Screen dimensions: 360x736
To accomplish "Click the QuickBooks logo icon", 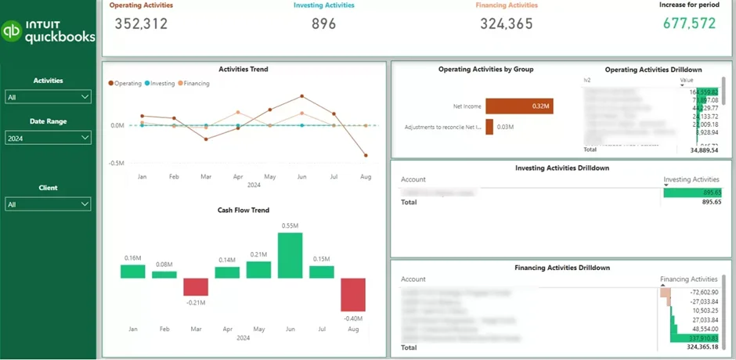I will coord(13,31).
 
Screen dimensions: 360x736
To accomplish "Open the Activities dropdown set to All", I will coord(48,97).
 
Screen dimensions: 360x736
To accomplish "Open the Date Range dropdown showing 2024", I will coord(48,138).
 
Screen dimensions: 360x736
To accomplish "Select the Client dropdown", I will coord(48,204).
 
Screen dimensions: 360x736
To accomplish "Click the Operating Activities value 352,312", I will coord(141,23).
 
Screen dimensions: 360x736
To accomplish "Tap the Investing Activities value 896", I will coord(323,23).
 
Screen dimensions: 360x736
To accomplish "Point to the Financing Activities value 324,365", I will coord(506,23).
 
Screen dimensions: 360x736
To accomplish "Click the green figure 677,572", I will coord(689,23).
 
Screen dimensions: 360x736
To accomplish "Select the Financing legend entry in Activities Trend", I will coord(196,83).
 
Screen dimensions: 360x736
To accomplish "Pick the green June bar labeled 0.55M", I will coord(290,255).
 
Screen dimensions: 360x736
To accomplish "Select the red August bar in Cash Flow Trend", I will coord(353,295).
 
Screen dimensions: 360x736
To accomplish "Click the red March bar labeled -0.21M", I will coord(196,286).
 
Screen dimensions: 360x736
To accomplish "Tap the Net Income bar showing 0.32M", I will coord(518,106).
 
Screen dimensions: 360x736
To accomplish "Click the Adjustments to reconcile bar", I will coord(489,127).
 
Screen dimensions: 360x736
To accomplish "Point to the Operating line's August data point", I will coord(365,156).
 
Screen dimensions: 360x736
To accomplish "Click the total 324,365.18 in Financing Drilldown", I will coord(701,347).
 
